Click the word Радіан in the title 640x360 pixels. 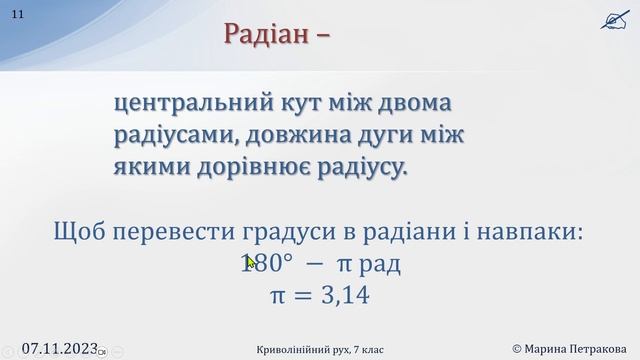264,33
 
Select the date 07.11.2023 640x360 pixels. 59,347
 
